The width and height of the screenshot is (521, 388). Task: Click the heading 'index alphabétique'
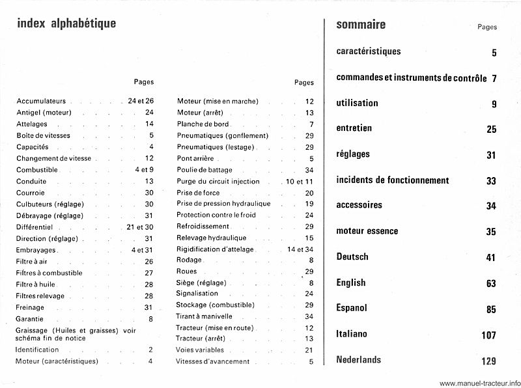tap(66, 24)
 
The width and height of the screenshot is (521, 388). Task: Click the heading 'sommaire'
tap(361, 25)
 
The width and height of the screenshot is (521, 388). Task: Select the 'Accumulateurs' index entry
tap(42, 102)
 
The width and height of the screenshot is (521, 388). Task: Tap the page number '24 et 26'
tap(140, 102)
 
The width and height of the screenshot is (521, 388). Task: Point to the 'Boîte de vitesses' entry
tap(44, 135)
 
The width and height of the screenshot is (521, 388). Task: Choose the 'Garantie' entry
tap(29, 319)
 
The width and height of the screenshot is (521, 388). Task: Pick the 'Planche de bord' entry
tap(203, 124)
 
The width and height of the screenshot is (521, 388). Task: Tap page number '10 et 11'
tap(300, 181)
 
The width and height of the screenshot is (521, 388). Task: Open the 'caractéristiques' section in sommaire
tap(369, 51)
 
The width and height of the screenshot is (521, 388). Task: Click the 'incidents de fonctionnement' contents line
tap(393, 180)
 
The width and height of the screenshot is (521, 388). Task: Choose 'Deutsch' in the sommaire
tap(352, 256)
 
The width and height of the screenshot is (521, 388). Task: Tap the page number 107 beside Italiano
tap(488, 335)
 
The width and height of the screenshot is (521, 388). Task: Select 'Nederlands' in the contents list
tap(359, 359)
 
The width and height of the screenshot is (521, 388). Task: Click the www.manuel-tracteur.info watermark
tap(480, 382)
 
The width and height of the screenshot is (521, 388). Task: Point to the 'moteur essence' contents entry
tap(367, 231)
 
